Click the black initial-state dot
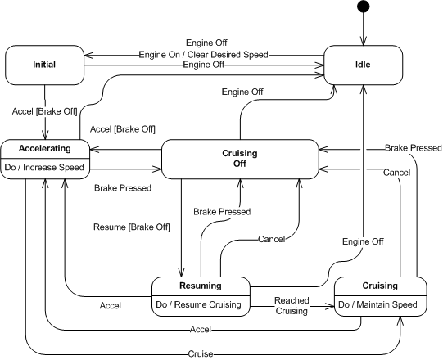[x=363, y=7]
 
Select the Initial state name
[x=44, y=65]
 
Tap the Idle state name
[x=363, y=65]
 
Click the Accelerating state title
[x=45, y=148]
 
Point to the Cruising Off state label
[x=240, y=158]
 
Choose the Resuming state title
[x=201, y=286]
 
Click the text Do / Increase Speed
[x=44, y=167]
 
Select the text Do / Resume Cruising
[x=199, y=304]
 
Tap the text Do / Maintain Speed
[x=377, y=304]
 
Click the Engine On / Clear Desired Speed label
[x=203, y=54]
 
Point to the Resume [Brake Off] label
[x=132, y=227]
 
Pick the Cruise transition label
[x=201, y=353]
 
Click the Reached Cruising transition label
[x=292, y=305]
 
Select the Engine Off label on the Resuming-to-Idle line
[x=363, y=241]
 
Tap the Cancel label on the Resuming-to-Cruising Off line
[x=272, y=239]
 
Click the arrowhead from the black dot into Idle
[x=363, y=41]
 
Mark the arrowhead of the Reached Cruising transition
[x=330, y=306]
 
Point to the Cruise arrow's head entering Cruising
[x=400, y=321]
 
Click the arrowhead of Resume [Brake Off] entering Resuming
[x=181, y=272]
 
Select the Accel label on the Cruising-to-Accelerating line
[x=201, y=329]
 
